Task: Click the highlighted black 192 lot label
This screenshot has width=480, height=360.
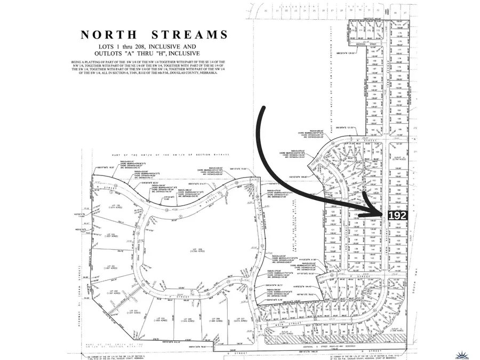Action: [398, 215]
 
